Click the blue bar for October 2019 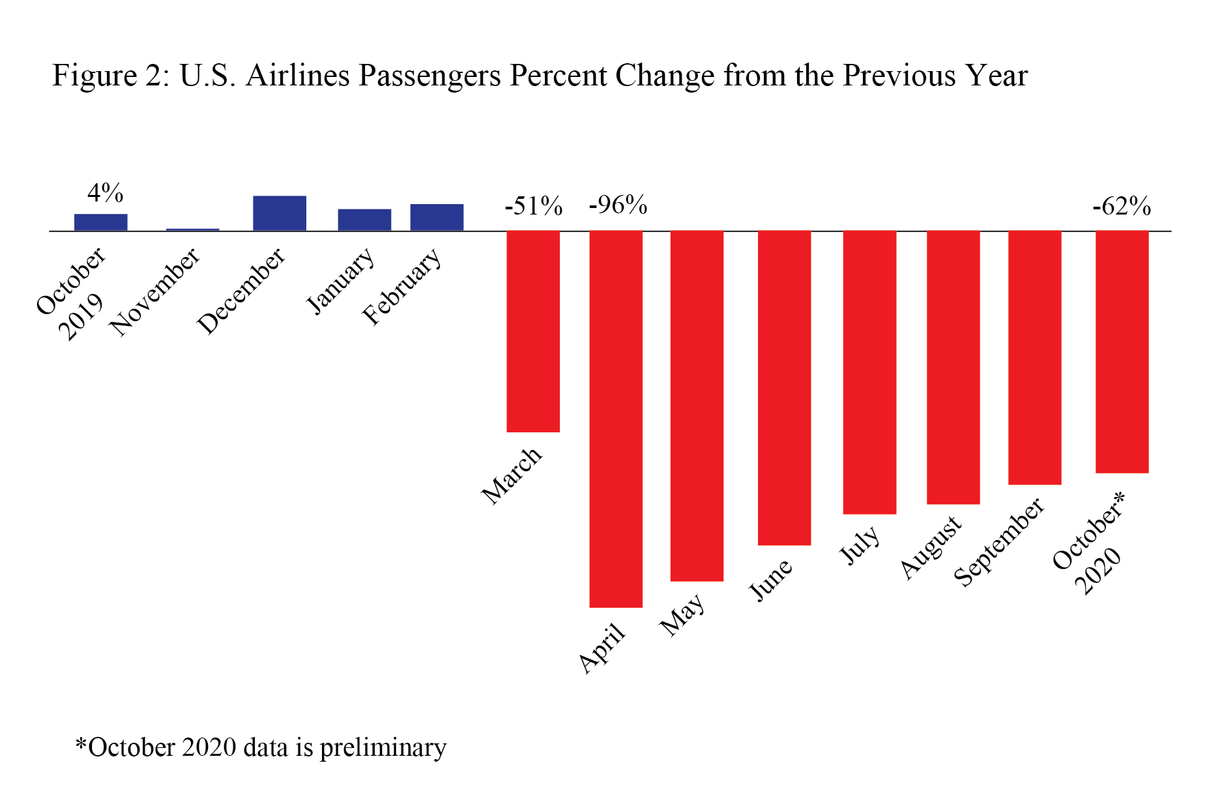pyautogui.click(x=100, y=222)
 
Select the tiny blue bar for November pyautogui.click(x=192, y=230)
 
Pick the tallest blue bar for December pyautogui.click(x=279, y=213)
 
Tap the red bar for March pyautogui.click(x=533, y=331)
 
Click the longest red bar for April pyautogui.click(x=615, y=419)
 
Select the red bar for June pyautogui.click(x=784, y=388)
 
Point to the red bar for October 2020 pyautogui.click(x=1122, y=352)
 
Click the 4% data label pyautogui.click(x=105, y=193)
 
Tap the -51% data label pyautogui.click(x=533, y=206)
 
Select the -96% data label pyautogui.click(x=618, y=205)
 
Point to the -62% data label pyautogui.click(x=1122, y=207)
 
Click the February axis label pyautogui.click(x=402, y=286)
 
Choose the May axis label pyautogui.click(x=682, y=614)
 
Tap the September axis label pyautogui.click(x=999, y=542)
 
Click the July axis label pyautogui.click(x=859, y=545)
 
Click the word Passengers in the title pyautogui.click(x=429, y=76)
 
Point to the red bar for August pyautogui.click(x=953, y=367)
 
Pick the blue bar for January pyautogui.click(x=364, y=220)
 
